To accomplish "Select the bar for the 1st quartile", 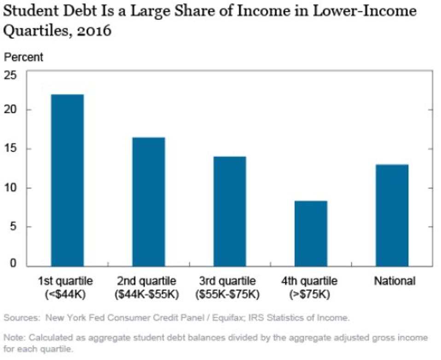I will tap(67, 180).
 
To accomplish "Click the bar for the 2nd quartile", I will tap(148, 202).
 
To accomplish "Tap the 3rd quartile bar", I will tap(229, 211).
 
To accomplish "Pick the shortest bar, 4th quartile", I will tap(311, 233).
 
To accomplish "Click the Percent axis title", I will tap(23, 57).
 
